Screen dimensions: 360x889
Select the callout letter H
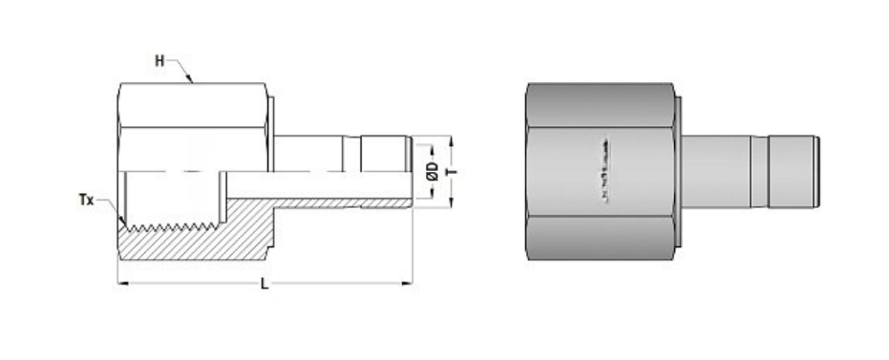coord(160,61)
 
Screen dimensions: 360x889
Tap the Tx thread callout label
coord(86,200)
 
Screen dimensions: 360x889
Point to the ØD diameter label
coord(433,169)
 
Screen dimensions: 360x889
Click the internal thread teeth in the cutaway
coord(172,227)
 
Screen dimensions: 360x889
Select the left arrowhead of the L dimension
coord(120,282)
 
